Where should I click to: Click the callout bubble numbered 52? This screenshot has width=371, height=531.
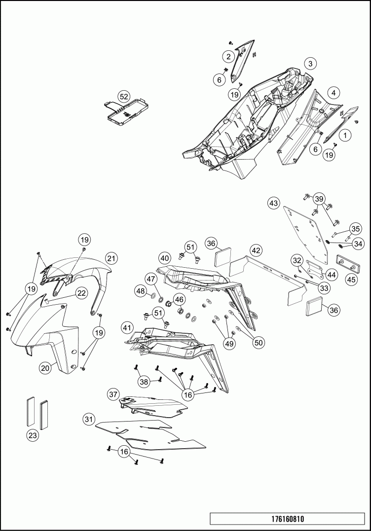[x=123, y=97]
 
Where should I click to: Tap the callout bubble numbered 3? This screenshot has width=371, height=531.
[x=310, y=64]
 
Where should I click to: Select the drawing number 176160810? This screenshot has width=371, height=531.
[x=288, y=519]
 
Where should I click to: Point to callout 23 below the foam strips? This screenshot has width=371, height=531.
[x=33, y=435]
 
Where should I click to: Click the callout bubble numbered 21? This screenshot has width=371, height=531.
[x=111, y=258]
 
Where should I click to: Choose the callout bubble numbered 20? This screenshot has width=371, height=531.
[x=45, y=367]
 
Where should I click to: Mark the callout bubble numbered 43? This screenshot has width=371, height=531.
[x=274, y=203]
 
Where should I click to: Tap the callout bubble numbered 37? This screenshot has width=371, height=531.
[x=113, y=394]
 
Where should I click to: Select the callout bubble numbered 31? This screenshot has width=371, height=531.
[x=88, y=419]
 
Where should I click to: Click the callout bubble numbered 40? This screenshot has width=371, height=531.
[x=165, y=257]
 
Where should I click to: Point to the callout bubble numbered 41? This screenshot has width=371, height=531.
[x=127, y=327]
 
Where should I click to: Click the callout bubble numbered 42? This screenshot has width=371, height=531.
[x=255, y=250]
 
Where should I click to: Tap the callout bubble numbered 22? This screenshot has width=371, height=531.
[x=82, y=293]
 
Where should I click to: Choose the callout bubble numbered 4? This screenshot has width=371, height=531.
[x=334, y=93]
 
